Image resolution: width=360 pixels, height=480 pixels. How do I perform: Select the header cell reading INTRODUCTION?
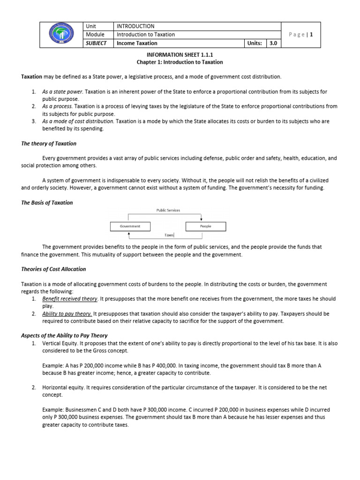135,26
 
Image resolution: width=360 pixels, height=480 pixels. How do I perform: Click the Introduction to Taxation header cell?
146,35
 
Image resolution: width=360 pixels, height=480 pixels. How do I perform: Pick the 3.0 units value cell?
272,43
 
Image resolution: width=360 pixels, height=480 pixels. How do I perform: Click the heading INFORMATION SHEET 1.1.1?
180,54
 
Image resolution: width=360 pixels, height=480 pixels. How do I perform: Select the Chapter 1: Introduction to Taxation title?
180,62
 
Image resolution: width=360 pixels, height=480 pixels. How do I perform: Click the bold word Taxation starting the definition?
31,76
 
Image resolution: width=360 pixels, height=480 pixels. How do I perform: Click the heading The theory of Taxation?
49,143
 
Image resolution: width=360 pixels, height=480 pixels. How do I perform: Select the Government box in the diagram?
130,226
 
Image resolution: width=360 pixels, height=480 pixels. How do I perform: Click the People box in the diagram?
205,226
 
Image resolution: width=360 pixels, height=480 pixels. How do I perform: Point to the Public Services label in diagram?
168,210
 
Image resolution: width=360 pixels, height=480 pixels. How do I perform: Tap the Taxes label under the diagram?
169,235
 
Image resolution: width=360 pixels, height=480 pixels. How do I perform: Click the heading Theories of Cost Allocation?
53,270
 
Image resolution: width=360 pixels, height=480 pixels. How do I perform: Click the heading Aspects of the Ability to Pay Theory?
64,336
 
